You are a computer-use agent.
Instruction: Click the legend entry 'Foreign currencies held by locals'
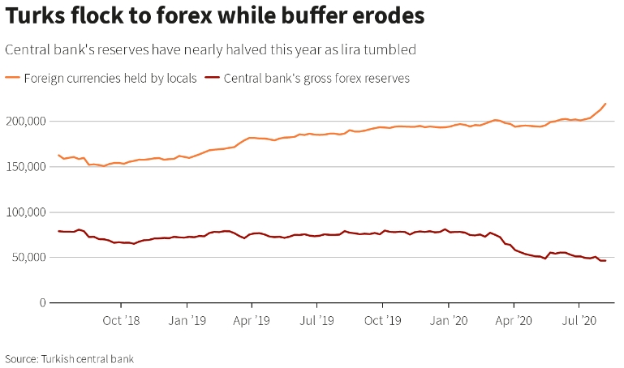[x=110, y=79]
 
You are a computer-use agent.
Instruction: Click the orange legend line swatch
[x=13, y=79]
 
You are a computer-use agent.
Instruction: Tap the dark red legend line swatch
[x=212, y=79]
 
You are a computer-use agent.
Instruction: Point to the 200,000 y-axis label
[x=24, y=121]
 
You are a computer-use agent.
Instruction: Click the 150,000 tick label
[x=24, y=166]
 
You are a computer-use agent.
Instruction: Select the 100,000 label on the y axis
[x=24, y=212]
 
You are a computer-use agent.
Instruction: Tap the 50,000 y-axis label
[x=28, y=257]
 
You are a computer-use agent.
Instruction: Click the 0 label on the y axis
[x=41, y=302]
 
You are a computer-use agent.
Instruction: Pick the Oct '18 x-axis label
[x=122, y=321]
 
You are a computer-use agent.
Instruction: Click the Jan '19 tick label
[x=187, y=321]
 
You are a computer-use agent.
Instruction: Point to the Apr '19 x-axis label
[x=252, y=321]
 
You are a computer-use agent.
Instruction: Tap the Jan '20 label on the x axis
[x=449, y=321]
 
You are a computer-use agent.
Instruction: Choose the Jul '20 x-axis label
[x=579, y=321]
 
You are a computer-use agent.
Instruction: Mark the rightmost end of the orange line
[x=606, y=104]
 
